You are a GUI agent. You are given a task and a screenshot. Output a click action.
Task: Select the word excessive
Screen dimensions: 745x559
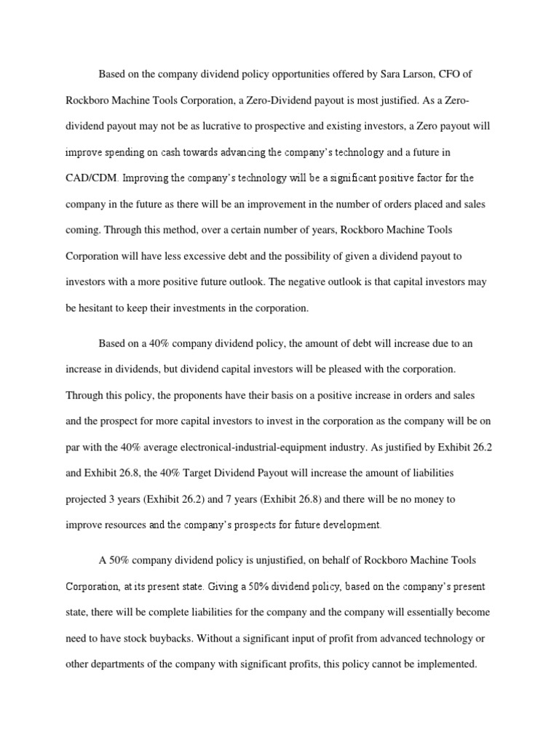213,256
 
